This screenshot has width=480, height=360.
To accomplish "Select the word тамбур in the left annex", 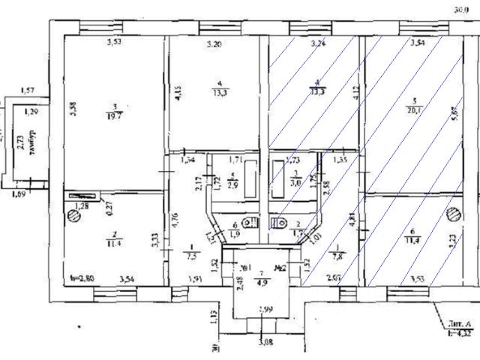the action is click(32, 143).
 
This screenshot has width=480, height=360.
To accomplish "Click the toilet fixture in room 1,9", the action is click(252, 223).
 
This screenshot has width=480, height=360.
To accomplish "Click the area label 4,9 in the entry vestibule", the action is click(259, 283).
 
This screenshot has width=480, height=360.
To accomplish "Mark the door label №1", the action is click(244, 266).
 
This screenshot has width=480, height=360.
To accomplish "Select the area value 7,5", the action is click(191, 253).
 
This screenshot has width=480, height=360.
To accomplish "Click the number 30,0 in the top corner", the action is click(461, 10).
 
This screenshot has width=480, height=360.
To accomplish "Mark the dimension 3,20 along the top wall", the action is click(214, 45).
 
